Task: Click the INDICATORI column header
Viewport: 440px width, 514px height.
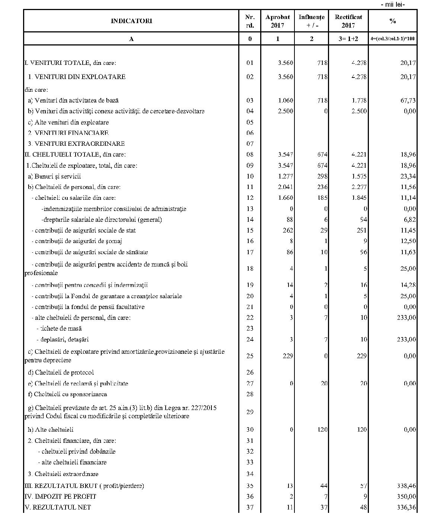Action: pyautogui.click(x=131, y=21)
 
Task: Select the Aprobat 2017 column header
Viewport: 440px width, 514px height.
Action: pyautogui.click(x=277, y=21)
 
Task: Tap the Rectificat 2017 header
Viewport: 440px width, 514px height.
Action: pyautogui.click(x=348, y=21)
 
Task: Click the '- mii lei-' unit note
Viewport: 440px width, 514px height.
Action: pyautogui.click(x=393, y=4)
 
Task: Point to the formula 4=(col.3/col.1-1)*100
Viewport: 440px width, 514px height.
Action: pyautogui.click(x=393, y=39)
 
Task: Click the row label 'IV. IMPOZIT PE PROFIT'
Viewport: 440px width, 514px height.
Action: pyautogui.click(x=60, y=496)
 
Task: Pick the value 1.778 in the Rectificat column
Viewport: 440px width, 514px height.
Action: pyautogui.click(x=359, y=100)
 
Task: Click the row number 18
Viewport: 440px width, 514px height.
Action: pyautogui.click(x=250, y=269)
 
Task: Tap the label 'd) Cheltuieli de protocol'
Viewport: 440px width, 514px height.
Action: pyautogui.click(x=61, y=372)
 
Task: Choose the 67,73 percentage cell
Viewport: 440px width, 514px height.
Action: pyautogui.click(x=407, y=100)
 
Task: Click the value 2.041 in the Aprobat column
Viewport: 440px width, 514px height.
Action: pyautogui.click(x=286, y=187)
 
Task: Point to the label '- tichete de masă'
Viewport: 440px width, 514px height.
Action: pyautogui.click(x=59, y=328)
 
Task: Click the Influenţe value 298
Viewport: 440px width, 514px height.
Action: pyautogui.click(x=322, y=176)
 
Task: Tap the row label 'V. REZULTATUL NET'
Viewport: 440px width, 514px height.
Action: pyautogui.click(x=57, y=507)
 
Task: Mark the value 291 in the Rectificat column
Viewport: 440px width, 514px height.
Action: pyautogui.click(x=362, y=230)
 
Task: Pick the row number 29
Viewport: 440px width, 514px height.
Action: pyautogui.click(x=250, y=412)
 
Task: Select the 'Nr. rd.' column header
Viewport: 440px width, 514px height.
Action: pyautogui.click(x=250, y=21)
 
